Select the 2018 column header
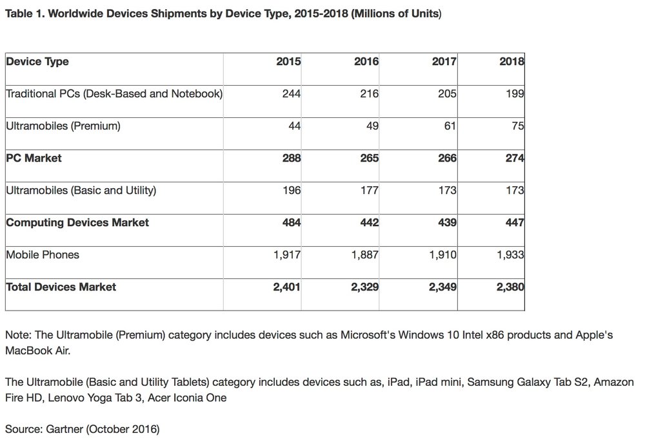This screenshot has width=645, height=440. coord(511,62)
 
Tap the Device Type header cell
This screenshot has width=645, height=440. coord(37,62)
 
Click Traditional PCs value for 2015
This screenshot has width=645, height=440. coord(292,94)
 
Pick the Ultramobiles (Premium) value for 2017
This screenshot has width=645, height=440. coord(449,126)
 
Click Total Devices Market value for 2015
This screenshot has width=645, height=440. coord(287,287)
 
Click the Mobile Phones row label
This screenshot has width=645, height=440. coord(43,255)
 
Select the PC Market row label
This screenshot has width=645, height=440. coord(34,158)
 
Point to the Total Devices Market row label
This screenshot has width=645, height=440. coord(61,287)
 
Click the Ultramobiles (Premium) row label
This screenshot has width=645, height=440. coord(63,126)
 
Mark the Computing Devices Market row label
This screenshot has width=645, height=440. coord(77,223)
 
